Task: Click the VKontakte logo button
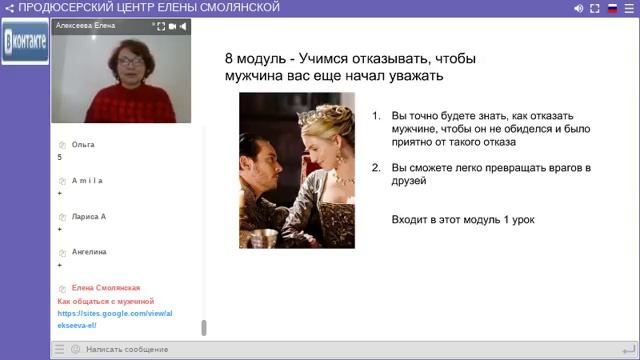coord(24,44)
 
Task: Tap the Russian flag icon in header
coord(612,8)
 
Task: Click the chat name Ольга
coord(84,145)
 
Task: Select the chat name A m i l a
coord(87,181)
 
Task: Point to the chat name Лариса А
coord(89,216)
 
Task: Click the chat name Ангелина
coord(89,252)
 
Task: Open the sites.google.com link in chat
coord(103,318)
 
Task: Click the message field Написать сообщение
coord(127,349)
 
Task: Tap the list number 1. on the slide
coord(376,115)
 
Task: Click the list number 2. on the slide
coord(376,168)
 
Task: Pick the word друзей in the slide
coord(409,181)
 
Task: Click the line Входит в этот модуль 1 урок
coord(463,218)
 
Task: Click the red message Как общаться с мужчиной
coord(105,300)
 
